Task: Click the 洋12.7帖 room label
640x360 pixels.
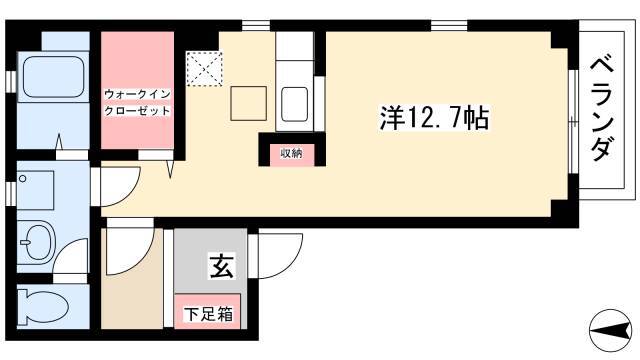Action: click(x=434, y=118)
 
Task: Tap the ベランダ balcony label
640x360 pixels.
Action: click(x=602, y=109)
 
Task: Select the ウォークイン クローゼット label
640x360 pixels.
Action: click(x=137, y=102)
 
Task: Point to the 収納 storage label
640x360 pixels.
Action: click(x=291, y=153)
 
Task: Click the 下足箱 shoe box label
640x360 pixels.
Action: click(x=208, y=313)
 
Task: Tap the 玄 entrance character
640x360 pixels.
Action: click(x=222, y=266)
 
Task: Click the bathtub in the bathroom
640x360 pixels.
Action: click(x=53, y=77)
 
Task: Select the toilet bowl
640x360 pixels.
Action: click(x=42, y=307)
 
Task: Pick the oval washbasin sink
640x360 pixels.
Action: click(x=37, y=242)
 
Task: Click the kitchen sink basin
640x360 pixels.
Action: click(x=294, y=104)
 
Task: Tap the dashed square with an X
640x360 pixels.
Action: click(x=204, y=69)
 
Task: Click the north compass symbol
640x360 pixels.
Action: click(x=611, y=330)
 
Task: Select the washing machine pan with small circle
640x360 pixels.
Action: click(x=35, y=190)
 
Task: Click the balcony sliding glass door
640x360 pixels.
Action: click(x=573, y=122)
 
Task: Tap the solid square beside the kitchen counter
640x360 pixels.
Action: click(x=249, y=103)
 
